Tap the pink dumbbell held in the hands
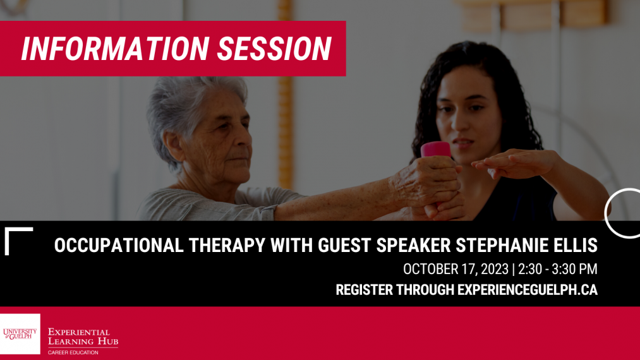[436, 150]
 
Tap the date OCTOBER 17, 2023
[456, 269]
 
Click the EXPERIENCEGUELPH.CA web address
[527, 290]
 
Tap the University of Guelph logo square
[20, 333]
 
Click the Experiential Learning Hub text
[83, 337]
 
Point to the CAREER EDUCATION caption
[73, 352]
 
